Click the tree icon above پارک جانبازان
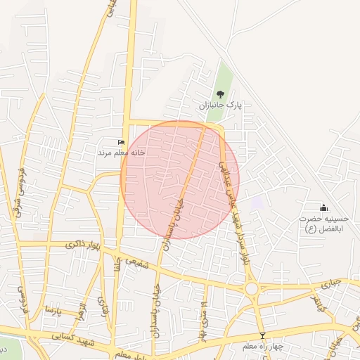220,94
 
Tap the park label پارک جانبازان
219,105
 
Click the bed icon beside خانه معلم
121,143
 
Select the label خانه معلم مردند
115,152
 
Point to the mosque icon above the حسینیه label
323,207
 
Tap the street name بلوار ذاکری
83,244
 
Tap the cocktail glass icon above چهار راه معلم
262,335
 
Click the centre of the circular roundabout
251,288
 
